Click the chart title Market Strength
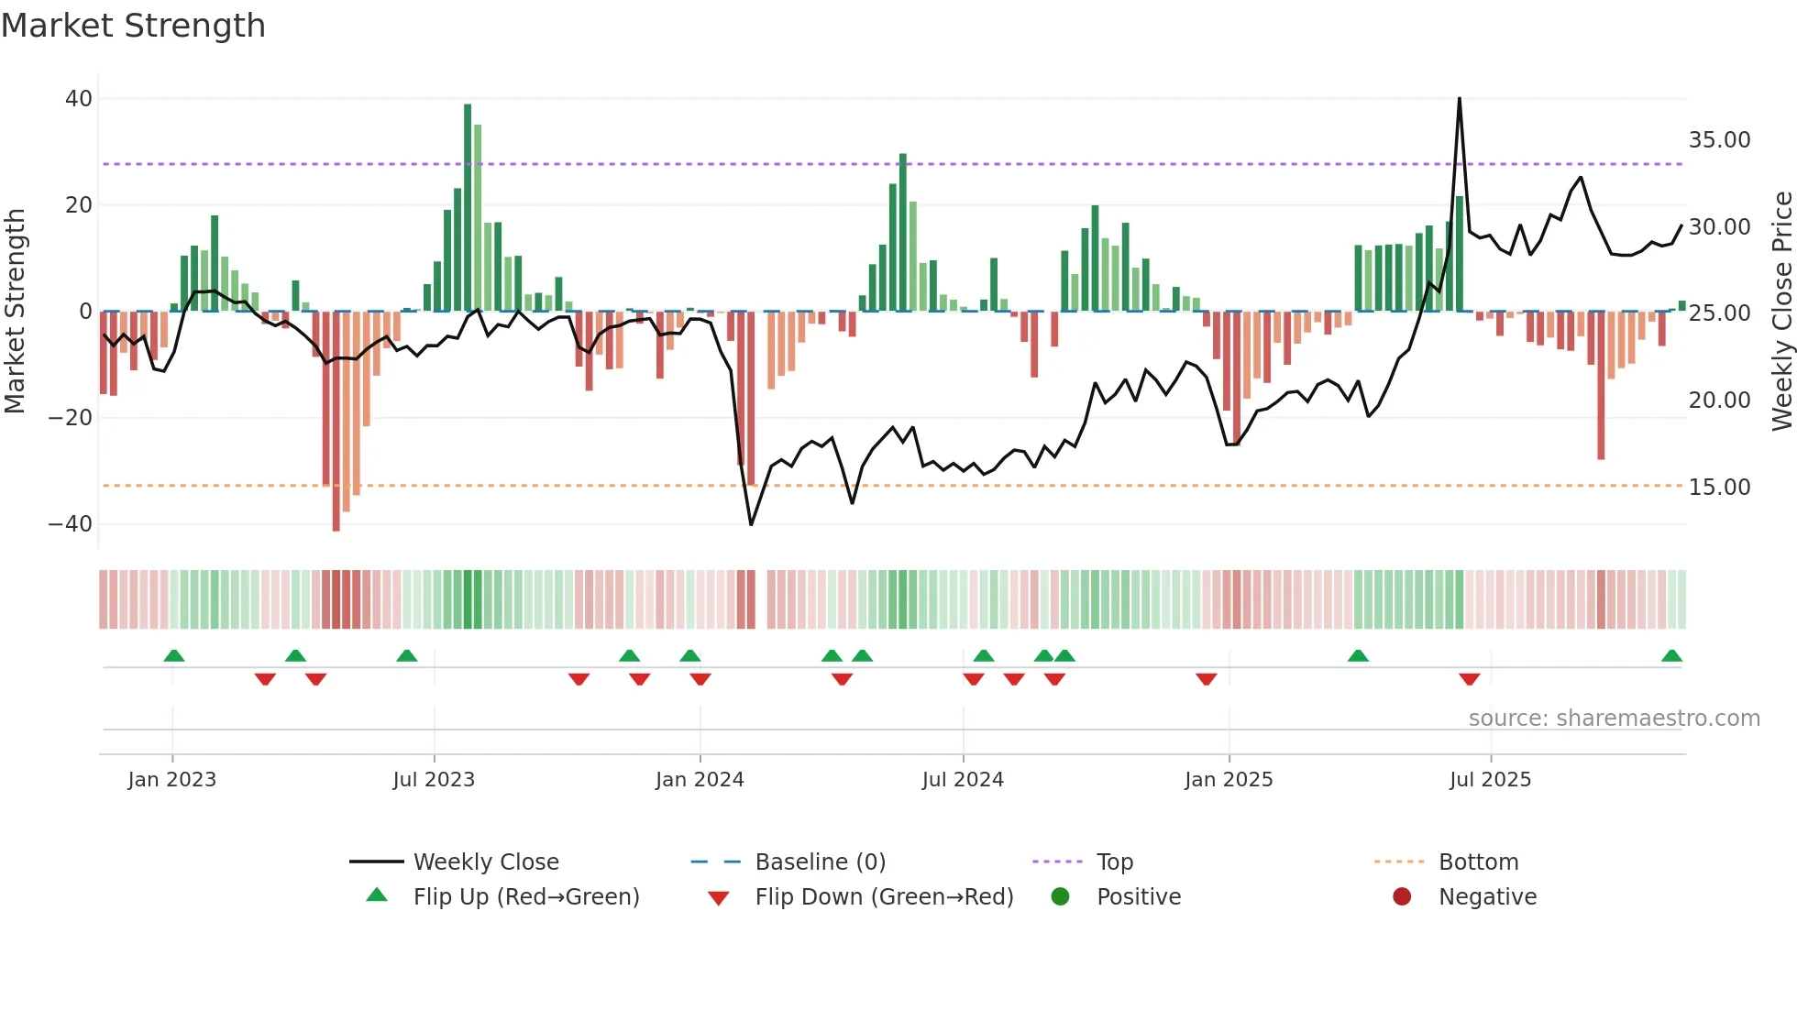[133, 26]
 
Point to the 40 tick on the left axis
[79, 99]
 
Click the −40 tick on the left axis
[71, 524]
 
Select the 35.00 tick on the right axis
[1719, 140]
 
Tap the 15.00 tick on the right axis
[1719, 488]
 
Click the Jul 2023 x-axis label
[434, 780]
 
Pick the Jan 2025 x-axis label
[1229, 780]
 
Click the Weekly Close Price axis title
[1781, 312]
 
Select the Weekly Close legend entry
[485, 862]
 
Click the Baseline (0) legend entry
[820, 862]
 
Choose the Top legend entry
[1114, 862]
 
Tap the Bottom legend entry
[1478, 862]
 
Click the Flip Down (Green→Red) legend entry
[883, 897]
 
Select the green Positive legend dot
[1061, 897]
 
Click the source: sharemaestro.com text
[1614, 719]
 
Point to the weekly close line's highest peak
[1460, 99]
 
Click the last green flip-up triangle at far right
[1671, 656]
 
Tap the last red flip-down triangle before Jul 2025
[1469, 679]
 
